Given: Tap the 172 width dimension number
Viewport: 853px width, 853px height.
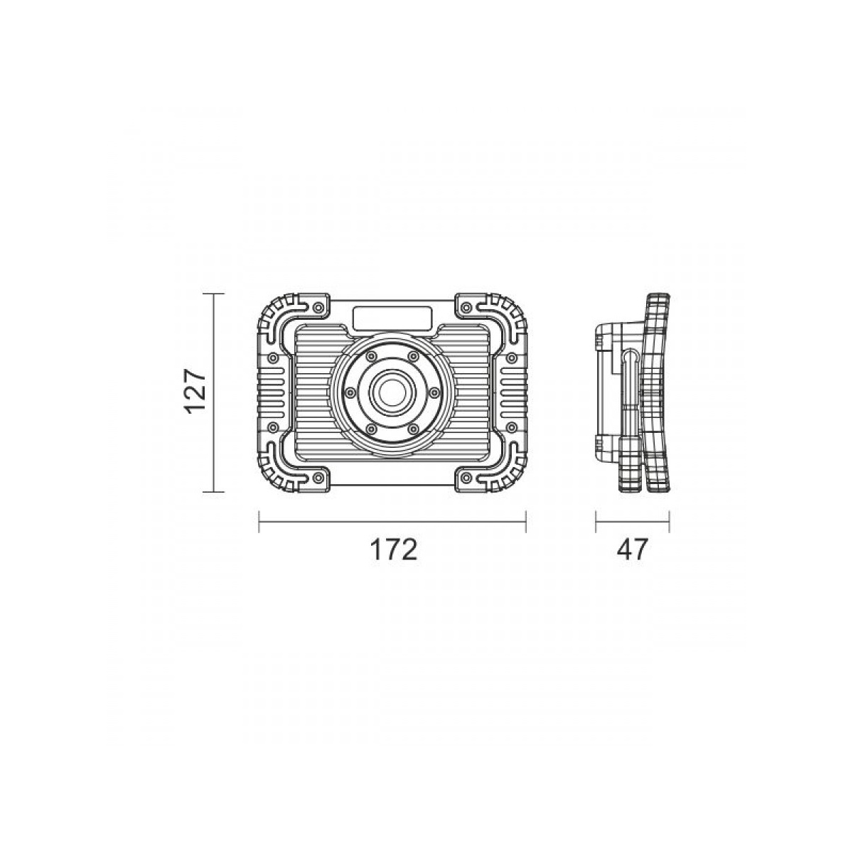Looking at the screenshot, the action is [394, 549].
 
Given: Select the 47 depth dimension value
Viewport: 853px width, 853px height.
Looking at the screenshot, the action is [632, 549].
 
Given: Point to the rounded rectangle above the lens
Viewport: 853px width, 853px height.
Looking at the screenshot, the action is [392, 318].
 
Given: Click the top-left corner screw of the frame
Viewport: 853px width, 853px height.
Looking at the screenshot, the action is [317, 308].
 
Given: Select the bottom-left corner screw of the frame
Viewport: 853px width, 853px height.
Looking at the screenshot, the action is [317, 477].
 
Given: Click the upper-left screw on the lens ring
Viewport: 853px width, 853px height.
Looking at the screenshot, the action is [371, 355].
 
